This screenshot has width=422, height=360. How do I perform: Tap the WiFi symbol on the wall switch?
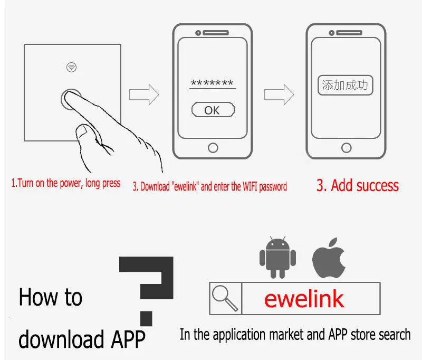[x=71, y=67]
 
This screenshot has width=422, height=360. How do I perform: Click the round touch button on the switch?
[x=71, y=99]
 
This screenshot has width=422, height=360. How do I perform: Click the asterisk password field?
[x=212, y=84]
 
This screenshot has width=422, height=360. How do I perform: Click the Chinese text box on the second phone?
[x=345, y=86]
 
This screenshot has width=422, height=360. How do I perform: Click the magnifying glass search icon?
[x=225, y=299]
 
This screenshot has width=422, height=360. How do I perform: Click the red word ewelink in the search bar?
[x=304, y=299]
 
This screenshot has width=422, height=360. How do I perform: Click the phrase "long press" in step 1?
[x=103, y=184]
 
